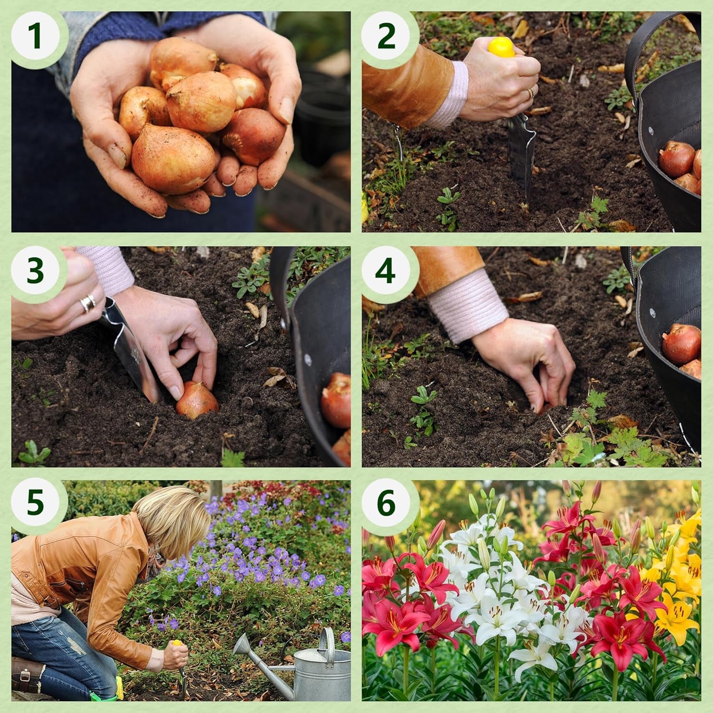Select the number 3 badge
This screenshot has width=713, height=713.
(x=36, y=271)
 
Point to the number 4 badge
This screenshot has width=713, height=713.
(x=386, y=271)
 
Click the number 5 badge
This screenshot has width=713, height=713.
(x=36, y=502)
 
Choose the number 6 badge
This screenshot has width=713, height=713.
(x=386, y=502)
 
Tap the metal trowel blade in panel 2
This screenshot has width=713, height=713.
(x=521, y=152)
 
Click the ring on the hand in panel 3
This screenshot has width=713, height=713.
(x=88, y=302)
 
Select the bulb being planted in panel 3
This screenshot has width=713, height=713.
(x=197, y=400)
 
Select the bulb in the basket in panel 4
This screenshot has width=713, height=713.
(x=681, y=343)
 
